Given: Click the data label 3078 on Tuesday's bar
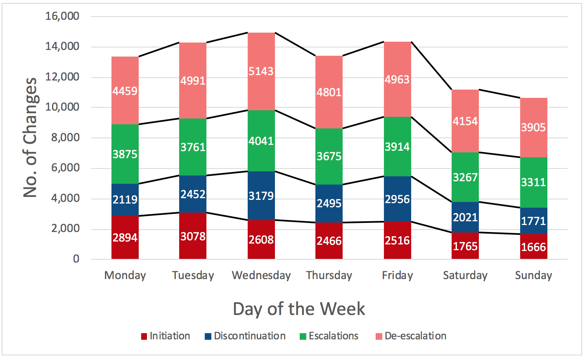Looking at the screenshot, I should [x=193, y=237].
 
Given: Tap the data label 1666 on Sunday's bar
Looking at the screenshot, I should [x=533, y=247].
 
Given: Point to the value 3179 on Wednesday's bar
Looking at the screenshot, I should [x=261, y=196].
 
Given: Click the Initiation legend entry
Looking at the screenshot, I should [x=166, y=336].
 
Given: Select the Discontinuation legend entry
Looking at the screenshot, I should [x=245, y=336].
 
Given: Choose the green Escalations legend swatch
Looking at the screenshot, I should [x=303, y=336].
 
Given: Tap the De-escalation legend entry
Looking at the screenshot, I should [x=411, y=336].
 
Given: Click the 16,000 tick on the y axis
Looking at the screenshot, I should [x=62, y=17].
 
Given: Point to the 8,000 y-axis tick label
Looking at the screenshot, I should [x=65, y=138].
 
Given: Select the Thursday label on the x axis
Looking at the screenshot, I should [x=329, y=275].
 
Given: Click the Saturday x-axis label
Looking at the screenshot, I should [x=465, y=275].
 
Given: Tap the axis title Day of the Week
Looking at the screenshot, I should [x=299, y=309].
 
